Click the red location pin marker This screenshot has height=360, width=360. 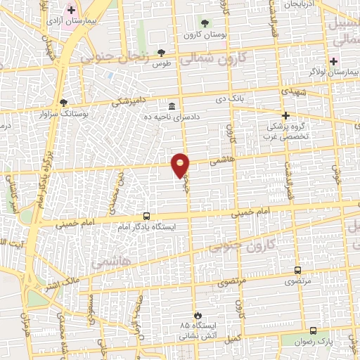pos(181,165)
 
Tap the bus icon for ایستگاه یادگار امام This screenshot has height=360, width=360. pos(146,217)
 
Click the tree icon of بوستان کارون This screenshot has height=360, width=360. pos(205,22)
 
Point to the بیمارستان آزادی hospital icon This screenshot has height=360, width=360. pos(70,11)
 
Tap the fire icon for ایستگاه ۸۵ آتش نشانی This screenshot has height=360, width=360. pos(198,316)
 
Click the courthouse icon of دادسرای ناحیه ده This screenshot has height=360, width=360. pos(172,105)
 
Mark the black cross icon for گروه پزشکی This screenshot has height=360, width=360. pos(285,115)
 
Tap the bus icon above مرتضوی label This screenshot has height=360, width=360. pos(297,270)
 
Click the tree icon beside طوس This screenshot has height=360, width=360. pos(161,52)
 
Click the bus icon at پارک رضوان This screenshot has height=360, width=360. pos(312,330)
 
